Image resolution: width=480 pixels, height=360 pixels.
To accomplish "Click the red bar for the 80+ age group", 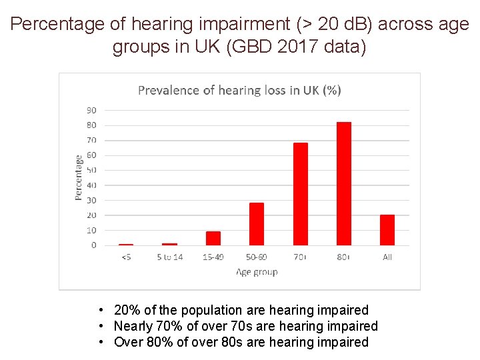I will click(344, 183).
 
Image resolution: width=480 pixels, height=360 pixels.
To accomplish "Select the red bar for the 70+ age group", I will click(301, 194).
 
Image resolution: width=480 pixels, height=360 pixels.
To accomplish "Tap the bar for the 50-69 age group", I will click(257, 224).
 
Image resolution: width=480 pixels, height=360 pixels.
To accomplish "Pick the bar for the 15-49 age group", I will click(213, 238).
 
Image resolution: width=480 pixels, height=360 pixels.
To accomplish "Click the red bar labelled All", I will click(387, 230).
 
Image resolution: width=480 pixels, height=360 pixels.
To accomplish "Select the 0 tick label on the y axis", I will click(93, 245).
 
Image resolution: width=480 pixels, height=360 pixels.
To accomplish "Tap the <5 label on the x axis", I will click(126, 257).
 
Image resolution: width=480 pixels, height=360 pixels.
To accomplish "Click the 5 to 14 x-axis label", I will click(169, 257).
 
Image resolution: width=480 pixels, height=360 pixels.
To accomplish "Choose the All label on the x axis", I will click(387, 257).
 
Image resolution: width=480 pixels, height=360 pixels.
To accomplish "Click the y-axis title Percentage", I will click(79, 177).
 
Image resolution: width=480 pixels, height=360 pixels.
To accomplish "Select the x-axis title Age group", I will click(257, 272).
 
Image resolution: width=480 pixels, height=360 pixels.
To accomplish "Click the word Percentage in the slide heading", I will click(58, 25).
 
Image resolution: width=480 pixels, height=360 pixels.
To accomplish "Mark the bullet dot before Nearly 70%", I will click(99, 326).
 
